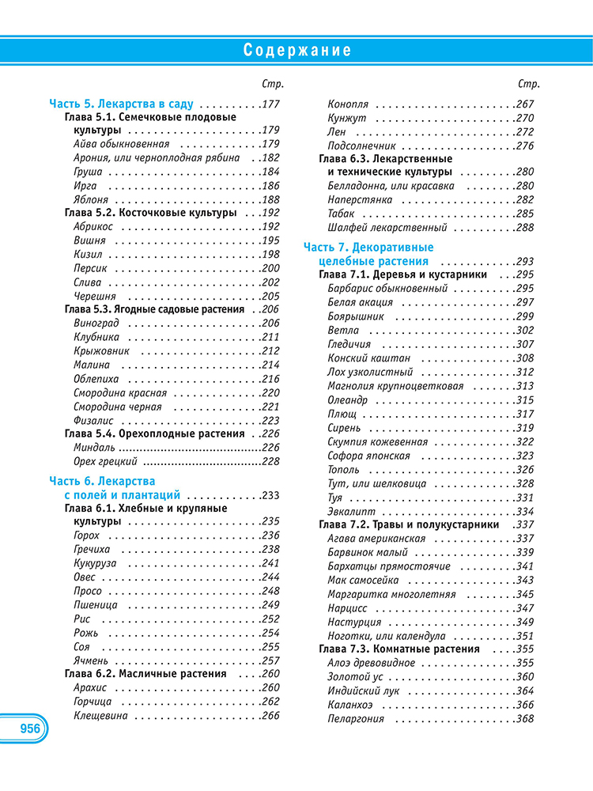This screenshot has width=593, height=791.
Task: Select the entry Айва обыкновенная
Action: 121,144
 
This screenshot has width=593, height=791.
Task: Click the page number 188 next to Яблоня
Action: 270,200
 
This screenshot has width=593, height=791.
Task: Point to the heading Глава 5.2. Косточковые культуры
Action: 149,213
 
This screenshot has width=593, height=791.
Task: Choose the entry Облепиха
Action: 96,379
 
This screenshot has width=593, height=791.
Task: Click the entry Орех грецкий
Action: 104,462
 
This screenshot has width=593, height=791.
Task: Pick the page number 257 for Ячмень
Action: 270,660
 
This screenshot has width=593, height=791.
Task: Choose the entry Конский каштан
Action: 368,358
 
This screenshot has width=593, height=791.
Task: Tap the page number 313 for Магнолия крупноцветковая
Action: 524,386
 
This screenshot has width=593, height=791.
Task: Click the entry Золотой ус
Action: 354,677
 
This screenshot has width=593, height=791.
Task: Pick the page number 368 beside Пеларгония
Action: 524,719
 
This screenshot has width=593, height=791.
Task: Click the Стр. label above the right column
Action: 529,84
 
